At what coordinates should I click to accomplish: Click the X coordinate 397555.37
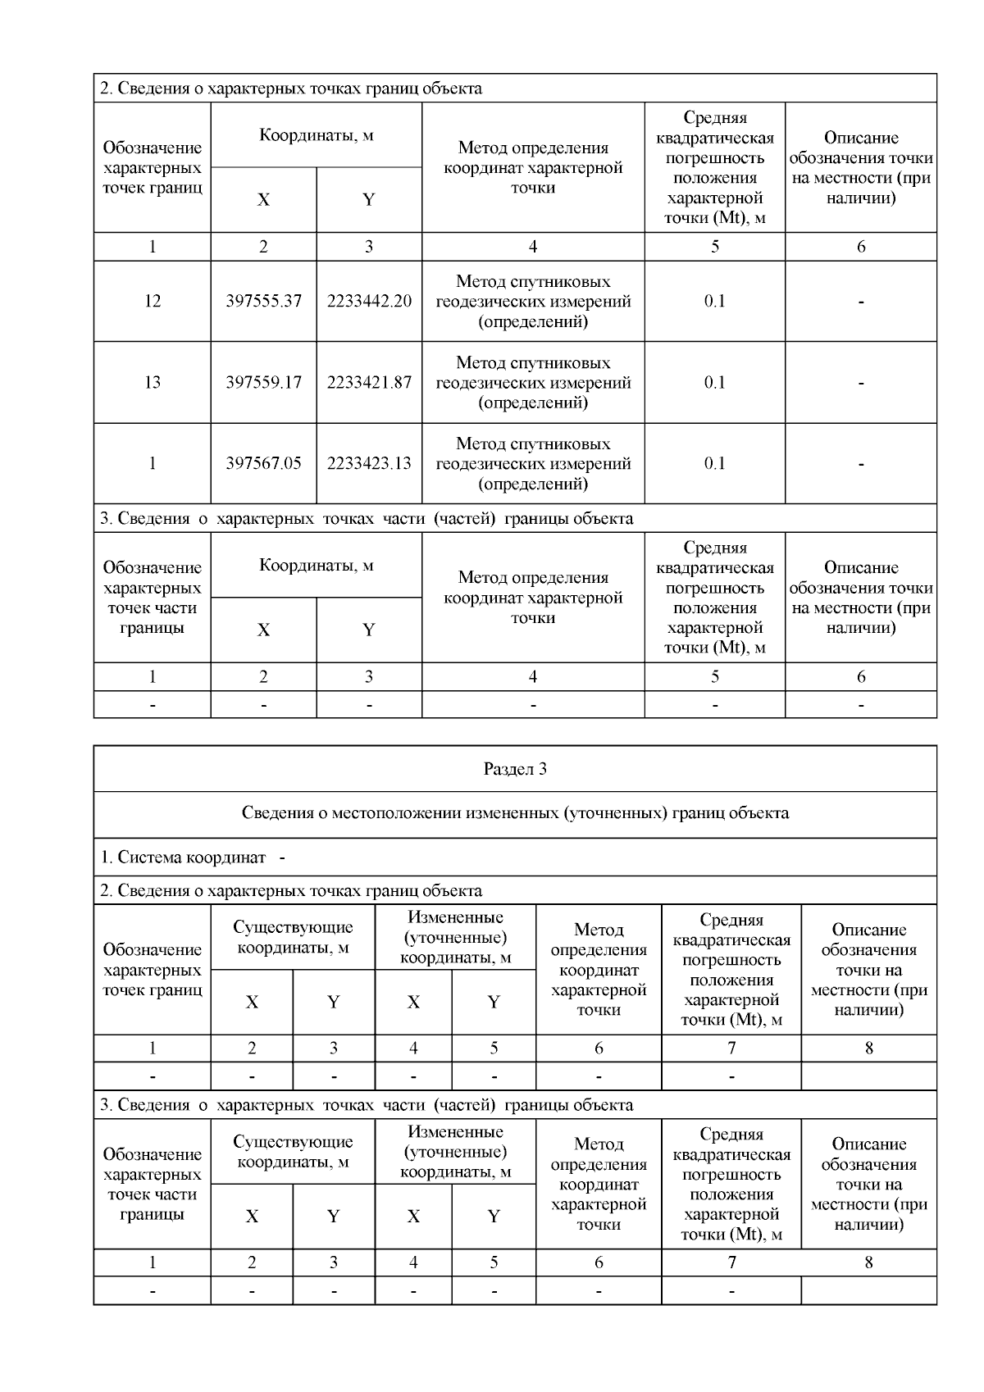[263, 301]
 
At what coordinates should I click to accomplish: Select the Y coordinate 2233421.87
[369, 382]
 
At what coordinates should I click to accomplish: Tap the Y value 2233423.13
[369, 463]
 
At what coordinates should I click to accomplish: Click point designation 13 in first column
[153, 382]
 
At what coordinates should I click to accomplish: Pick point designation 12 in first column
[153, 301]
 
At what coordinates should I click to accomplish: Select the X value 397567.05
[263, 463]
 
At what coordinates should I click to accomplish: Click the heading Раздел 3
[515, 769]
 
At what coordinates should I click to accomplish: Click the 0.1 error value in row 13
[714, 382]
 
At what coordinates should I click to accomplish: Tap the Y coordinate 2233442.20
[369, 301]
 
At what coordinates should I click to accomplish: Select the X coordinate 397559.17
[263, 382]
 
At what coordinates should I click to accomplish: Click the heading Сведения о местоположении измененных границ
[515, 813]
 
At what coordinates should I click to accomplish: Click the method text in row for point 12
[533, 301]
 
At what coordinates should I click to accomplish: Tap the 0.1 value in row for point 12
[714, 301]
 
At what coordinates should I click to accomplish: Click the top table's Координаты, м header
[317, 135]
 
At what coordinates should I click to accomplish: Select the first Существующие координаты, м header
[293, 937]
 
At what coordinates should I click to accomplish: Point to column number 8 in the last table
[868, 1262]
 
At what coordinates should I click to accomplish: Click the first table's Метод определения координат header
[533, 167]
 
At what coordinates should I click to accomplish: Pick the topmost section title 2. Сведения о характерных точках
[291, 89]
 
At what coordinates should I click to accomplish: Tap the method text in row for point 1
[533, 463]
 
